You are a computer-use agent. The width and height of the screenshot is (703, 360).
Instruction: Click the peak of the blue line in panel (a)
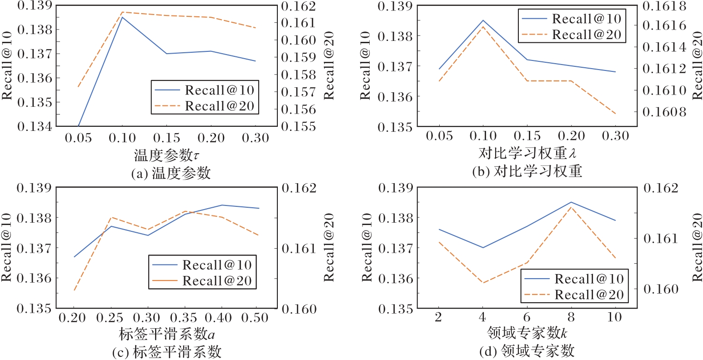(x=122, y=17)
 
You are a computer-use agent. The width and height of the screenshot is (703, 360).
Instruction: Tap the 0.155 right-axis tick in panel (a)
(x=298, y=126)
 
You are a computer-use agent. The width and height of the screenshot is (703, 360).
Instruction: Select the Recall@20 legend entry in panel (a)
(x=205, y=106)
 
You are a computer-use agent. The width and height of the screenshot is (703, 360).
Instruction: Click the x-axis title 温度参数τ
(x=166, y=155)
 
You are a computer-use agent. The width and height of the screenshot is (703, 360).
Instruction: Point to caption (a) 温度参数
(x=171, y=173)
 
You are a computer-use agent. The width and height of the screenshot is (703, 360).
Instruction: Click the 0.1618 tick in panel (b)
(x=664, y=6)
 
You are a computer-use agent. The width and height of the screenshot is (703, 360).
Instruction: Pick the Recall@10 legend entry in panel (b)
(x=572, y=19)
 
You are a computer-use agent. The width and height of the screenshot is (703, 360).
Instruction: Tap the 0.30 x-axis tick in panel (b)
(x=615, y=136)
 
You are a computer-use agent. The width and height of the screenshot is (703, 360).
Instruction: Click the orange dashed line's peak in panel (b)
(x=483, y=26)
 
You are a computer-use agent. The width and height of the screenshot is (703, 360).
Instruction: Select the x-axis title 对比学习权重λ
(x=527, y=153)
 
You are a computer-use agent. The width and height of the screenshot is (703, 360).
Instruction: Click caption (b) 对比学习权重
(x=527, y=171)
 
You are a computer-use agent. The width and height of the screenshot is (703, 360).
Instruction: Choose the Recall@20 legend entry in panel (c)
(x=202, y=280)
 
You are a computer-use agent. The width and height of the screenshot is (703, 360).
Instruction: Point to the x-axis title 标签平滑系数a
(x=166, y=334)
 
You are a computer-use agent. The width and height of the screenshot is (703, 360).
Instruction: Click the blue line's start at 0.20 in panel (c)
(x=74, y=257)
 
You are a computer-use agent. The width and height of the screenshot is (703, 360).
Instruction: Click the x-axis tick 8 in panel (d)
(x=571, y=317)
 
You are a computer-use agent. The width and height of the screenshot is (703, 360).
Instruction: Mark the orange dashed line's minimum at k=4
(x=482, y=283)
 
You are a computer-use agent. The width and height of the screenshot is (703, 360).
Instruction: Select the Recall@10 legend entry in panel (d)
(x=574, y=279)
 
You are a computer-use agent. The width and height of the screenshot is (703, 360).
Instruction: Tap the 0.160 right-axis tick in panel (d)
(x=661, y=289)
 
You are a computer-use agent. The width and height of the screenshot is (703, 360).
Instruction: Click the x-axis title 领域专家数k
(x=527, y=333)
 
